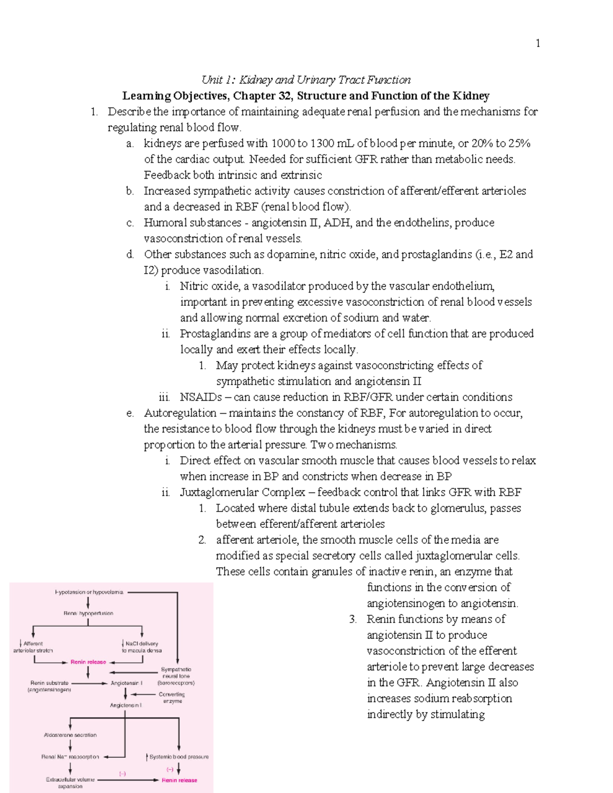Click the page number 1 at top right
[537, 43]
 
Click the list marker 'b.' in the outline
[130, 191]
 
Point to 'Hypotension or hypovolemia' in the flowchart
[89, 592]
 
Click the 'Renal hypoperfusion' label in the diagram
[88, 613]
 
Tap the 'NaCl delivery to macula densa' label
[142, 647]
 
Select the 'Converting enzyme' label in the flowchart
[172, 698]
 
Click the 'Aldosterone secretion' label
[70, 735]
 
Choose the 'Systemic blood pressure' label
[178, 757]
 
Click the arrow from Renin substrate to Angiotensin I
[89, 683]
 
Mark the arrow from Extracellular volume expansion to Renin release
[128, 780]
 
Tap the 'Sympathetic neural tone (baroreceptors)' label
[176, 676]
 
